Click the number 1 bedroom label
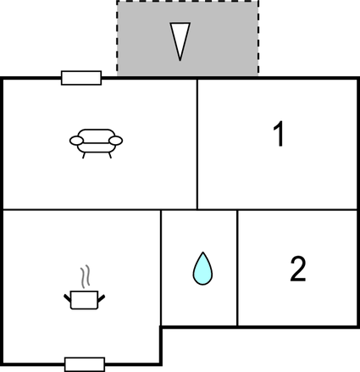click(x=279, y=134)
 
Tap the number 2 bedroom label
click(x=298, y=269)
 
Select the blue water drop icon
click(x=202, y=269)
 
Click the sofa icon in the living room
click(x=96, y=143)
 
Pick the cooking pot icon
click(x=84, y=300)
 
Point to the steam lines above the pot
click(x=86, y=276)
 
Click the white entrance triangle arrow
click(x=180, y=42)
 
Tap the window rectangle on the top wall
click(x=81, y=78)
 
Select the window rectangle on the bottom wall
click(x=85, y=364)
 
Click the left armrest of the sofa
click(x=76, y=141)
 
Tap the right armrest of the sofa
click(x=116, y=141)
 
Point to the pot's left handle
click(x=67, y=298)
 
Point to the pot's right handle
click(x=102, y=298)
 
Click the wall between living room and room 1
click(x=197, y=144)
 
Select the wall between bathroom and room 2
click(x=237, y=268)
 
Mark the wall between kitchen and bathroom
click(x=161, y=268)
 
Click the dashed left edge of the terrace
click(x=117, y=38)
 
